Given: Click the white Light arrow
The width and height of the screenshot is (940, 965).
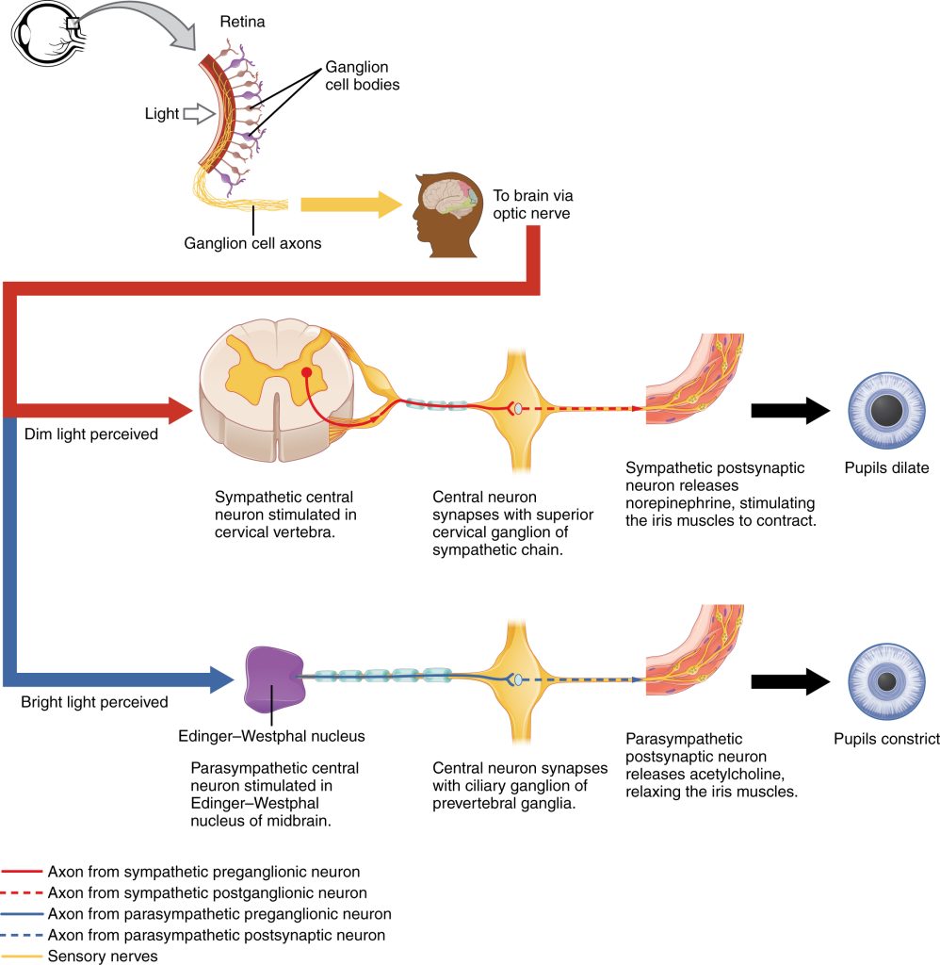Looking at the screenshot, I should tap(198, 114).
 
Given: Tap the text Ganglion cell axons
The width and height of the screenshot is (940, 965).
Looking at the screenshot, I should tap(252, 244).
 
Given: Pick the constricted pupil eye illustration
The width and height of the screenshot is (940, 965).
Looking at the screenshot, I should tap(885, 680).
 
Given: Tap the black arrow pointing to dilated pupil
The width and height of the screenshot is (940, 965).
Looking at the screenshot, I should tap(789, 410).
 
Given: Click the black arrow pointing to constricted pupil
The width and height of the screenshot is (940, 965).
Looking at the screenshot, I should tap(789, 681).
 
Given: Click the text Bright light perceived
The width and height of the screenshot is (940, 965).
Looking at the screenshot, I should tap(94, 702).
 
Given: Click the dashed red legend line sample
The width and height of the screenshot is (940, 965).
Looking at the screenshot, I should tap(22, 892).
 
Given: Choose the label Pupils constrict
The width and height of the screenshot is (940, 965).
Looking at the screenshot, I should tap(886, 739).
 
